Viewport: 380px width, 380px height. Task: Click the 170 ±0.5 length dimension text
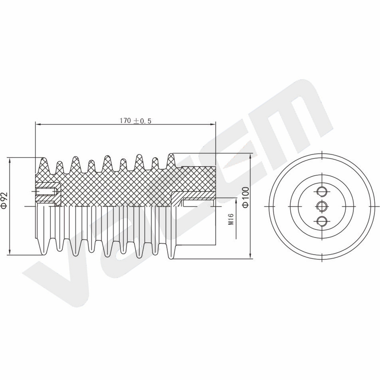coord(135,121)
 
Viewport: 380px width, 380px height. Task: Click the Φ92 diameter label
coord(5,200)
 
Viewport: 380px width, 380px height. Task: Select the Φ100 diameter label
coord(246,197)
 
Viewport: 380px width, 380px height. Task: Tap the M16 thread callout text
coord(231,219)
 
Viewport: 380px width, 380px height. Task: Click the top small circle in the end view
coord(322,192)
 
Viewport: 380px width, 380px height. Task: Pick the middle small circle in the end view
coord(322,206)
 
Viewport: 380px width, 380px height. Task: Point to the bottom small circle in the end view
coord(322,221)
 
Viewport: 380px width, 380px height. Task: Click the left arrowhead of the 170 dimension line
coord(38,124)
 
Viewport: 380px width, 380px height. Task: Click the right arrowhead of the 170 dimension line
coord(213,124)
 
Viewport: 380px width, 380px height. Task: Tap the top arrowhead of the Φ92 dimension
coord(9,160)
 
